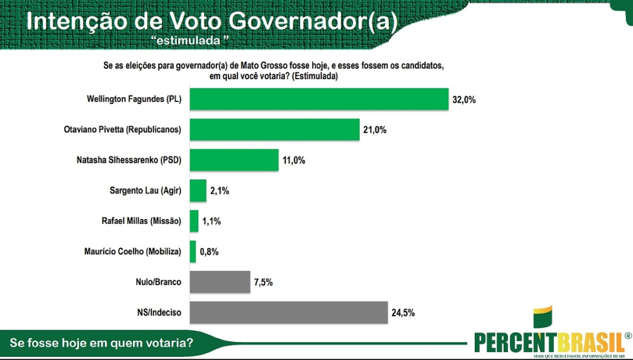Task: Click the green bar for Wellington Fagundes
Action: coord(319,99)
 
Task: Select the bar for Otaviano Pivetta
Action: coord(274,129)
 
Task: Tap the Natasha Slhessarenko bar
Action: coord(234,160)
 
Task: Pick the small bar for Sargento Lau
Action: coord(198,191)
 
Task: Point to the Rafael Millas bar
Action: coord(194,221)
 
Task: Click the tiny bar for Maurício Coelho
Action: coord(193,251)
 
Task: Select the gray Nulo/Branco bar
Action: coord(220,282)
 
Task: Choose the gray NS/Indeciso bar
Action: coord(289,312)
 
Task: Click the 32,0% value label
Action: coord(464,100)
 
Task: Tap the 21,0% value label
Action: coord(375,130)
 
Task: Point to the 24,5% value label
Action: coord(403,313)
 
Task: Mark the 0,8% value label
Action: coord(209,252)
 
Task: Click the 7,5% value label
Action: coord(263,283)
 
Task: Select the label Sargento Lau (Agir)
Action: coord(145,191)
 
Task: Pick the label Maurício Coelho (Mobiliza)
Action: coord(133,251)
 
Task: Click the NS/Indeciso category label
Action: coord(159,312)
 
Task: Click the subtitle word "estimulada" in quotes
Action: coord(190,40)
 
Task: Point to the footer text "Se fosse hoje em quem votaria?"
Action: coord(101,343)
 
